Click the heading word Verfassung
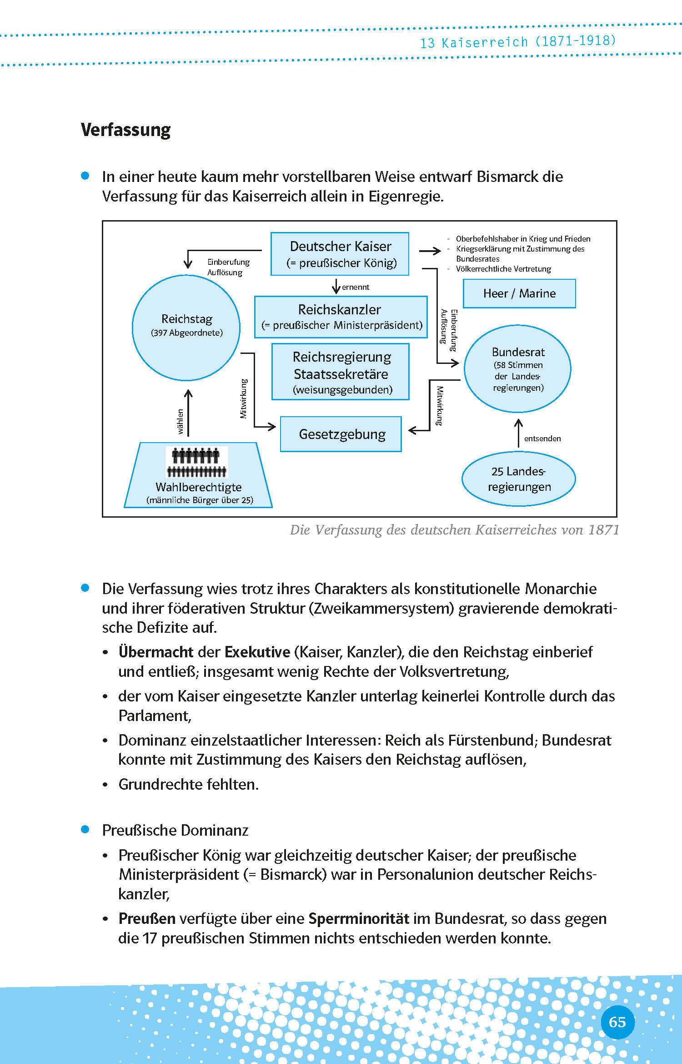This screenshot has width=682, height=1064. (125, 130)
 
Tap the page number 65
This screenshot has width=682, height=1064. (617, 1022)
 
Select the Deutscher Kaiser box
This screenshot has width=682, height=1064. (340, 254)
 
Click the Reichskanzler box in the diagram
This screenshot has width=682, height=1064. (341, 317)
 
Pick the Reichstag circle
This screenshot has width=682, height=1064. (186, 328)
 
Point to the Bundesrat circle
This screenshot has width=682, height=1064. (517, 369)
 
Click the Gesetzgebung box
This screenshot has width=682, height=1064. (341, 434)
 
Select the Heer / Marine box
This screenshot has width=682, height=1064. (519, 293)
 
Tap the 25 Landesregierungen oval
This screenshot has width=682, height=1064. (519, 479)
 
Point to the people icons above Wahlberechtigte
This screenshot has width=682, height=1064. (197, 462)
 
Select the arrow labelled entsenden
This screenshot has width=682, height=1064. (518, 434)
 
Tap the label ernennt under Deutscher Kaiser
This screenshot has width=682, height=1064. (355, 287)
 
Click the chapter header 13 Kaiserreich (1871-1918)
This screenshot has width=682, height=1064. (517, 42)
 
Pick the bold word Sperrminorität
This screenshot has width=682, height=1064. (359, 918)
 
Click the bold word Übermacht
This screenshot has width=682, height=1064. (156, 652)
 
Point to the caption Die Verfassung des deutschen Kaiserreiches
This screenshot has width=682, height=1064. (454, 530)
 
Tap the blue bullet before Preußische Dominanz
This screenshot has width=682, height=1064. (85, 829)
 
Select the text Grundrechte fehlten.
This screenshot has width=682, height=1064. (188, 784)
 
